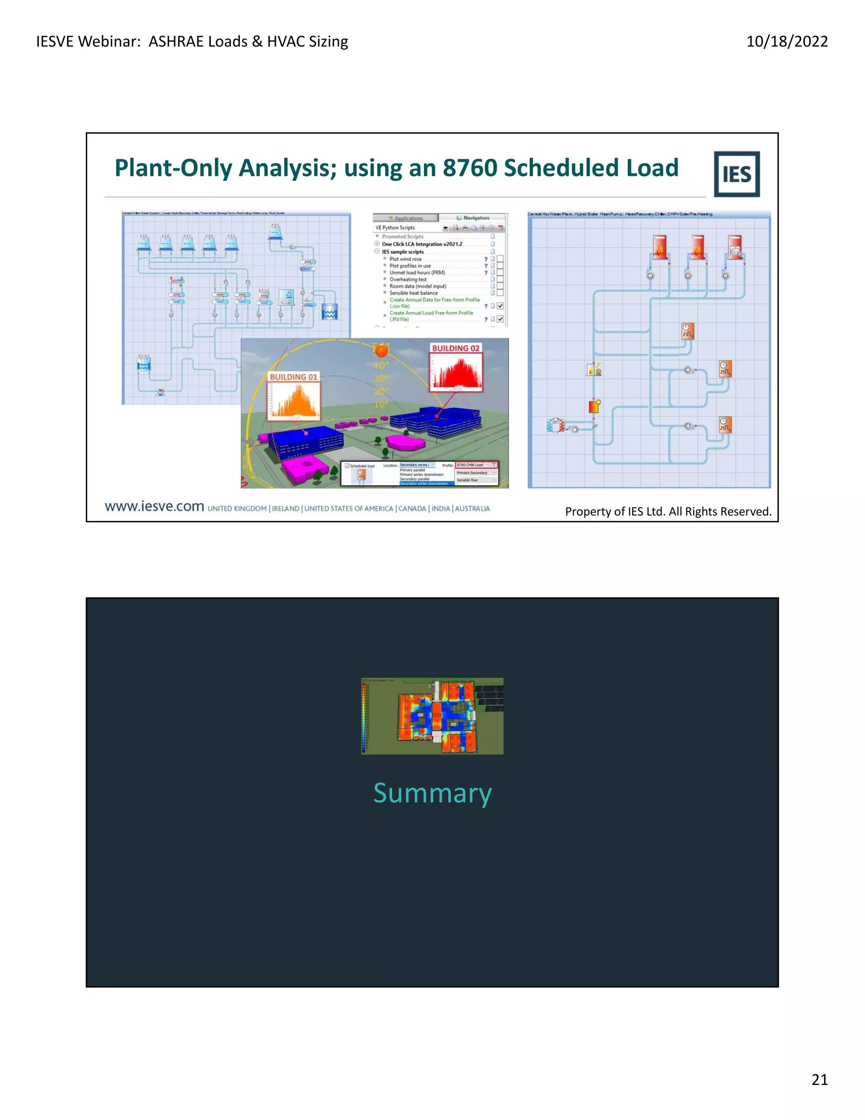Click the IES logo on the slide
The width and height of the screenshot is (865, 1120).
pyautogui.click(x=736, y=175)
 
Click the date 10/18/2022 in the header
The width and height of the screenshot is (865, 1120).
pyautogui.click(x=786, y=41)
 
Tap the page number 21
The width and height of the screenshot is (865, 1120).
pyautogui.click(x=819, y=1079)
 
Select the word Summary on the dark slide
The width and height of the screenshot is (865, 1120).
pyautogui.click(x=432, y=793)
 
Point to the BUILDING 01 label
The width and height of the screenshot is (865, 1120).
pyautogui.click(x=293, y=377)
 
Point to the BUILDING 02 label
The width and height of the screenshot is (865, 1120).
pyautogui.click(x=456, y=348)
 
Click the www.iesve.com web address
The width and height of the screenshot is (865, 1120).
pyautogui.click(x=154, y=507)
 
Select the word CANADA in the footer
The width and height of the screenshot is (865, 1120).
pyautogui.click(x=412, y=509)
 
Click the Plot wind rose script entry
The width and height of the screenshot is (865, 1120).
pyautogui.click(x=405, y=259)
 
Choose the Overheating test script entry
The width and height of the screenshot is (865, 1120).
pyautogui.click(x=408, y=279)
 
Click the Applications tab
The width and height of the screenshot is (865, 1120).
pyautogui.click(x=408, y=219)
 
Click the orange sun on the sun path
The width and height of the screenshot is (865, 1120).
pyautogui.click(x=381, y=351)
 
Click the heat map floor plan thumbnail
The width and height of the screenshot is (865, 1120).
pyautogui.click(x=432, y=716)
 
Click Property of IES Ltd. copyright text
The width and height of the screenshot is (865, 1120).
pyautogui.click(x=668, y=511)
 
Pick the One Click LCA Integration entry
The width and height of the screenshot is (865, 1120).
pyautogui.click(x=422, y=244)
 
